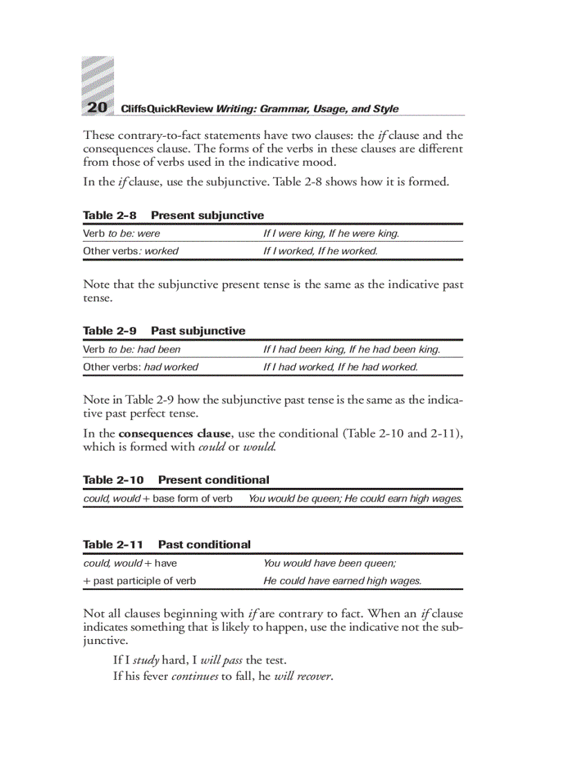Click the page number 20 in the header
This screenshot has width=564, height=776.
pos(97,107)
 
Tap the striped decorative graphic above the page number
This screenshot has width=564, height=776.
pos(97,77)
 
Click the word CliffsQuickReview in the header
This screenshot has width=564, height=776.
pos(167,108)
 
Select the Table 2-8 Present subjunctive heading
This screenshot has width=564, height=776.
pos(173,216)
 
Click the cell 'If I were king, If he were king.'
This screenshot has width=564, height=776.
pos(331,234)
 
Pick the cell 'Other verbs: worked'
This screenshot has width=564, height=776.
pos(131,251)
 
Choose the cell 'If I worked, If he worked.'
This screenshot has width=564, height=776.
pos(320,251)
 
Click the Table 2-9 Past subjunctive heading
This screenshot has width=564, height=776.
pos(164,331)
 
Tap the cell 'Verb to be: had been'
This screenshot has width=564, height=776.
pos(131,350)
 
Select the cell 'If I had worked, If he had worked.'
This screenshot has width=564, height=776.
pos(340,367)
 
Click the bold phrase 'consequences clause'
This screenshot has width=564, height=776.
pos(173,433)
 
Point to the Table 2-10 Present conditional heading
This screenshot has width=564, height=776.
pos(176,480)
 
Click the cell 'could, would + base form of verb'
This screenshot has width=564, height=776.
pos(158,498)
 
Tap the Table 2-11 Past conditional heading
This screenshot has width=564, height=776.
pos(167,545)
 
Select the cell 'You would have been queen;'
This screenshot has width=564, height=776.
pos(329,563)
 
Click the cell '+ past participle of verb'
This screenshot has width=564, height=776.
pos(140,580)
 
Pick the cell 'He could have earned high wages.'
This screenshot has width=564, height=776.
pos(342,580)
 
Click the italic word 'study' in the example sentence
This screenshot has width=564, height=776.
pos(146,660)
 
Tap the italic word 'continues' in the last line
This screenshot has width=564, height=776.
pos(194,676)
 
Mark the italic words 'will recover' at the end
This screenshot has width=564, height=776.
pos(303,676)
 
